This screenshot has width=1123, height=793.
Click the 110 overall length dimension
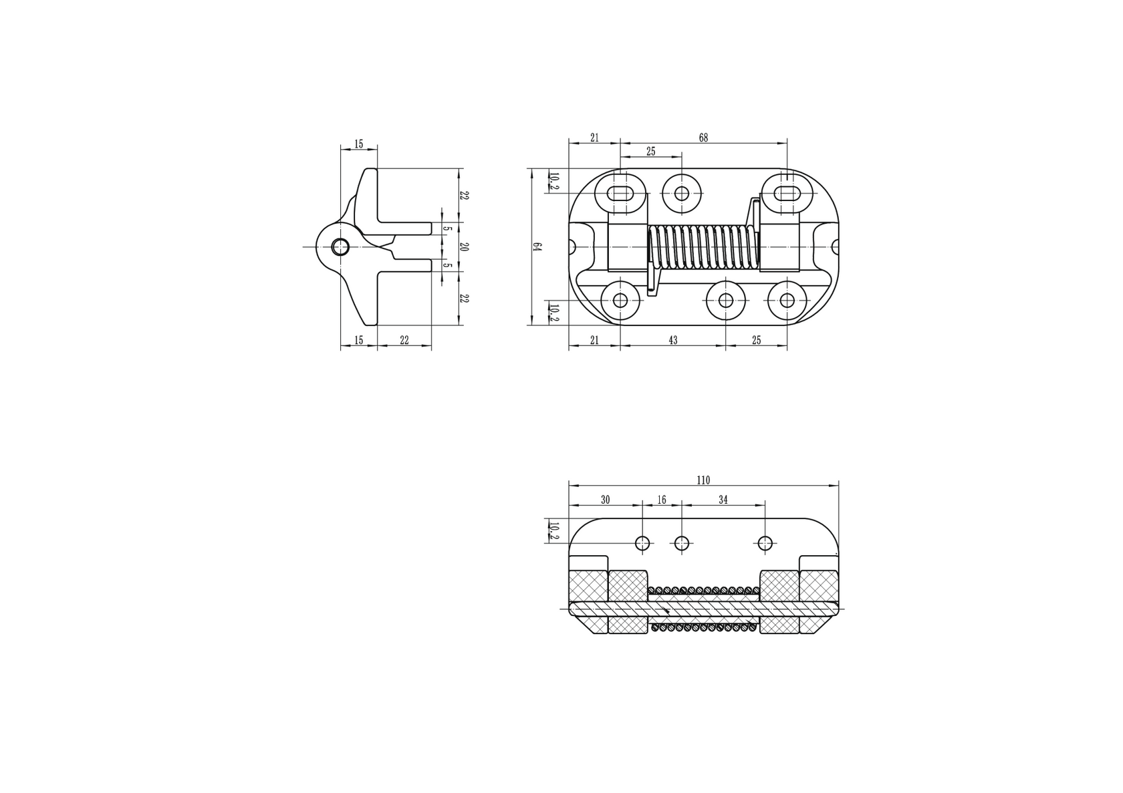703,480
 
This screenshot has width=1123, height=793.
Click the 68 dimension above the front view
703,138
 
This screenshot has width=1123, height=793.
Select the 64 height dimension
536,247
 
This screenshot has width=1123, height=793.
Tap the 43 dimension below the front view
672,341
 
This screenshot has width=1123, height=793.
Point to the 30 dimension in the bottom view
605,500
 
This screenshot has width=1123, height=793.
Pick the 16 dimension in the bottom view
662,500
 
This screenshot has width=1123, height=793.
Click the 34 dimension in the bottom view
723,500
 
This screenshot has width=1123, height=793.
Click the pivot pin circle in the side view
340,247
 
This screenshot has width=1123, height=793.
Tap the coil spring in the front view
703,247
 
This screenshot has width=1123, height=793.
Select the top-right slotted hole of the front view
787,193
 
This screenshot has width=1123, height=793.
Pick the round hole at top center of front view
681,194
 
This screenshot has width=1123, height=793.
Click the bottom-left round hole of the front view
620,300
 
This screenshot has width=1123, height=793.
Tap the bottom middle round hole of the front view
726,300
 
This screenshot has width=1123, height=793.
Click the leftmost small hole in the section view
642,543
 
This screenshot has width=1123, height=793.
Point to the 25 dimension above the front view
650,152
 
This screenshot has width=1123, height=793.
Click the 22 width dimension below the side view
404,341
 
